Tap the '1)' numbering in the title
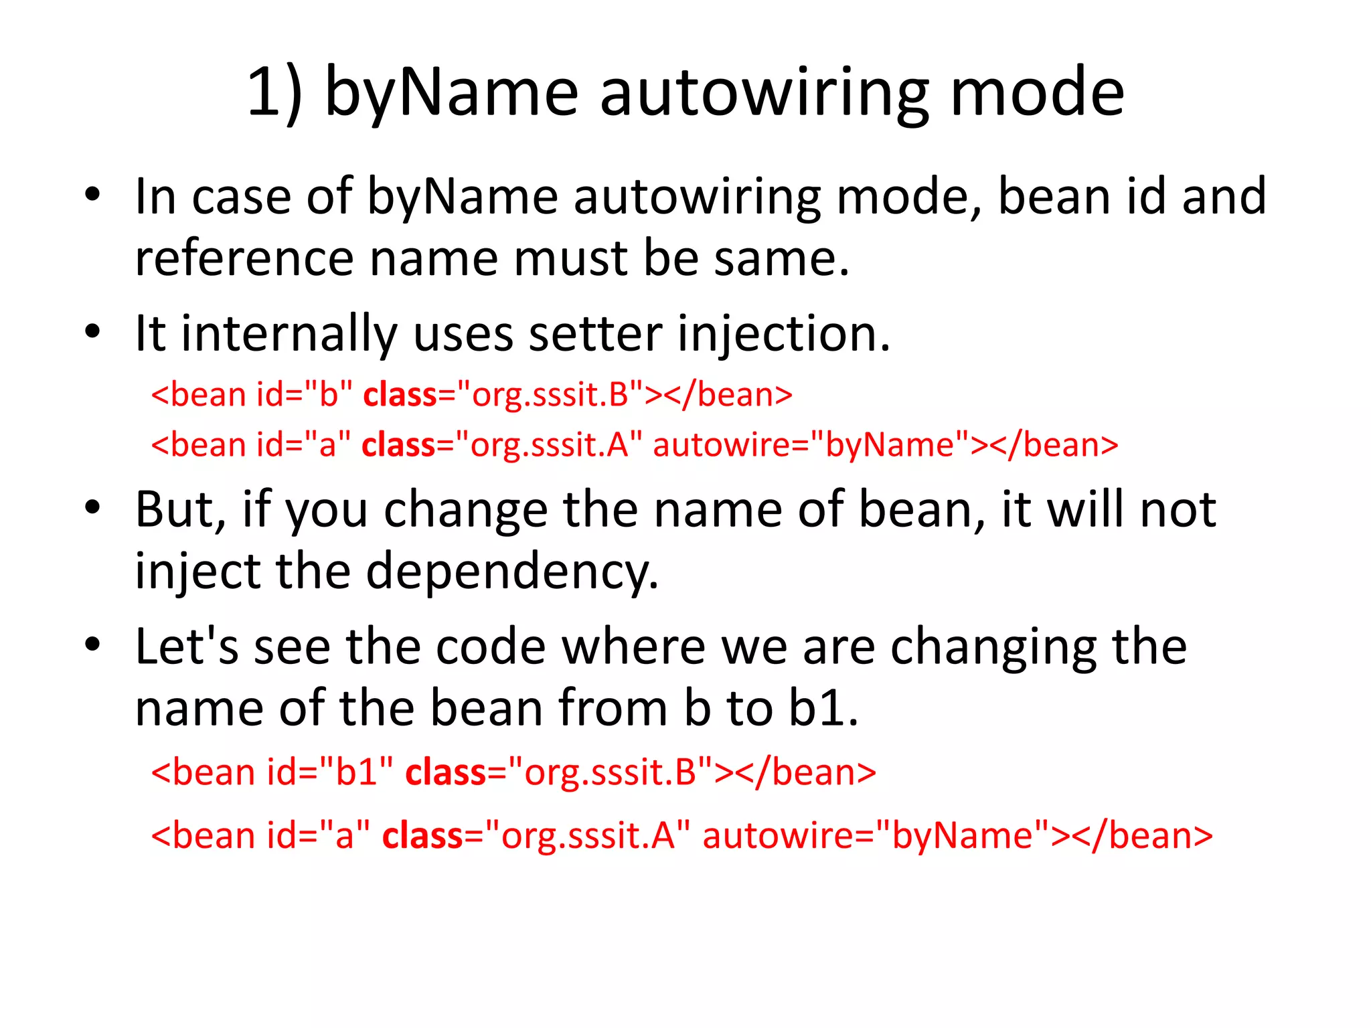(x=274, y=94)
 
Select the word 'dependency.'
(x=512, y=572)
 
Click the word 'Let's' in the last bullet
(x=187, y=647)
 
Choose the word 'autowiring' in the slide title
(x=764, y=94)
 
